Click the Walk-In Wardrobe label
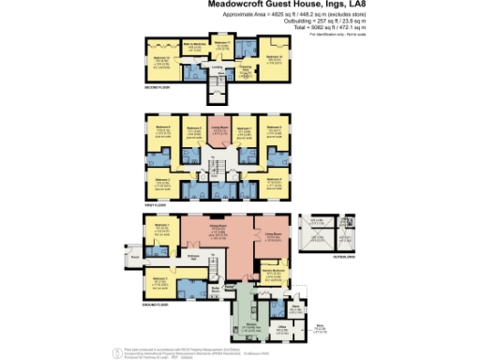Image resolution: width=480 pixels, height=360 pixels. click(x=193, y=46)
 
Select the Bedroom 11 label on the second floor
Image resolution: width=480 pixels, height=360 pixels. click(x=221, y=44)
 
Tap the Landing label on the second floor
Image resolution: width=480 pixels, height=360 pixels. click(x=217, y=66)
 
